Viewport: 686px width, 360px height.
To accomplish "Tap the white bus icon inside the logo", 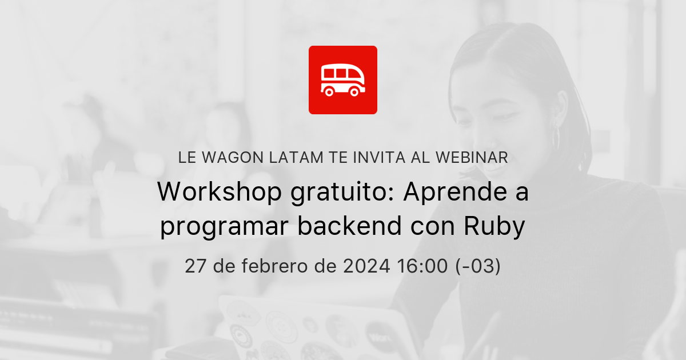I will tap(342, 80).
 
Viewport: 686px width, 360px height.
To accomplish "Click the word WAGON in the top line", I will tap(228, 158).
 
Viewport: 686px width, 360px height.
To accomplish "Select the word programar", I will tap(224, 227).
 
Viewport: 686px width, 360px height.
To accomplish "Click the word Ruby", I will tap(494, 227).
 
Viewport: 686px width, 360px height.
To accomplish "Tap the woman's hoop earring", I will tap(556, 137).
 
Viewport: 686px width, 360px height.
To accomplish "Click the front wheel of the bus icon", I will tap(354, 91).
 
